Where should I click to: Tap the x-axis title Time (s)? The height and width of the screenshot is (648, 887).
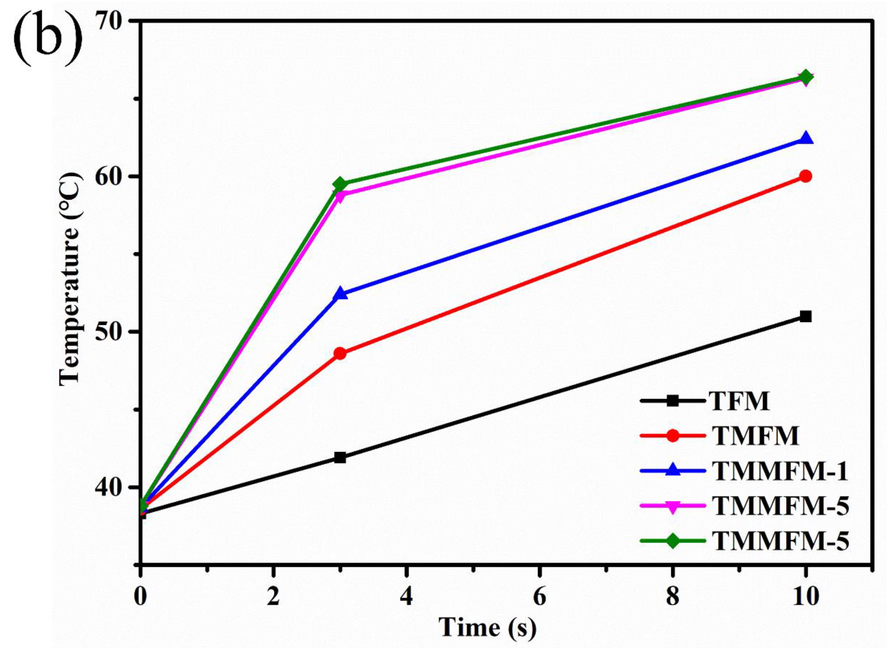point(487,626)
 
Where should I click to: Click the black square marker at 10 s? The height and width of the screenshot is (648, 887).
point(805,317)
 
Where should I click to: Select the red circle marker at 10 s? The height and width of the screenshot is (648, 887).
point(805,176)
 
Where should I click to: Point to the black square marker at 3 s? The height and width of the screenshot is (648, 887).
point(340,457)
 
